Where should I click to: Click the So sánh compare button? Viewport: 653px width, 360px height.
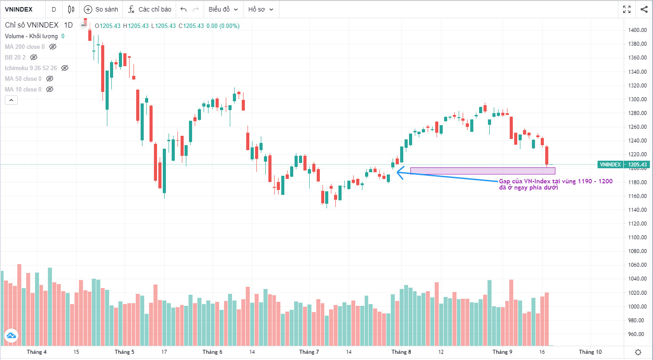(x=100, y=9)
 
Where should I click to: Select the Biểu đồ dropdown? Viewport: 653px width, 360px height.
(x=223, y=9)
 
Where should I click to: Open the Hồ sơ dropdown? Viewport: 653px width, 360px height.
(x=260, y=9)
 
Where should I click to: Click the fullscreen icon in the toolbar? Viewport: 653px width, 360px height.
(x=627, y=9)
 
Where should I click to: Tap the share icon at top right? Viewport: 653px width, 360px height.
(x=644, y=9)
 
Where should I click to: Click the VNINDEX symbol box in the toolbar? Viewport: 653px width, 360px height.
(x=20, y=9)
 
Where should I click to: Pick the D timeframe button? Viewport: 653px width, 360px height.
(x=54, y=9)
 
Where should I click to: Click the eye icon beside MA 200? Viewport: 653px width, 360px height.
(x=53, y=47)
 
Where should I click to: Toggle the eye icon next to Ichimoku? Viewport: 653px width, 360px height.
(x=65, y=68)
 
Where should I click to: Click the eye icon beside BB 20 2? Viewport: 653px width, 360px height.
(x=34, y=57)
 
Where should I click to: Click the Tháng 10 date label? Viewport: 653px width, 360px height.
(x=590, y=352)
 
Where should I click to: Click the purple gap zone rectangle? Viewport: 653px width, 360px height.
(x=482, y=171)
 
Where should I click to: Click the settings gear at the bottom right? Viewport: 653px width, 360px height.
(x=638, y=352)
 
